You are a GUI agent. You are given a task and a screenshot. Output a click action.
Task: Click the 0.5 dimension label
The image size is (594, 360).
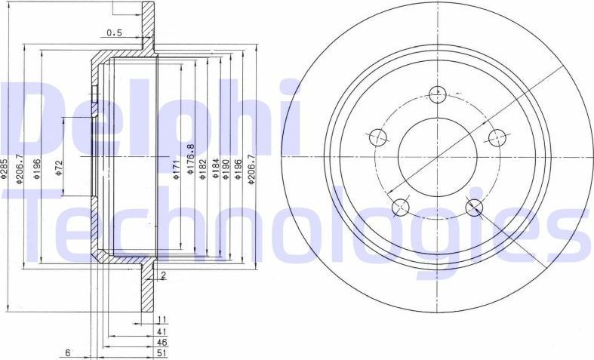[115, 32]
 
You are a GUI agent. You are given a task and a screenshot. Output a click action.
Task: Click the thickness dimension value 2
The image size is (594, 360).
[163, 275]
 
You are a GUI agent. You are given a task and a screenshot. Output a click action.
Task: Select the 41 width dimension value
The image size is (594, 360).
[162, 332]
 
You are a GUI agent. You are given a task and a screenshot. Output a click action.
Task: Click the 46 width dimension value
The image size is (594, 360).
[162, 343]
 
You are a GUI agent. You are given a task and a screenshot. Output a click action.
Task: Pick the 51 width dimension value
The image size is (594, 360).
[162, 353]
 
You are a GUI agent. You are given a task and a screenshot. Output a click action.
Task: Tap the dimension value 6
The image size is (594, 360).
[67, 353]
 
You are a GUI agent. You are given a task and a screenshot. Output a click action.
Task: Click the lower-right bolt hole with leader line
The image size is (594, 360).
[474, 207]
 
